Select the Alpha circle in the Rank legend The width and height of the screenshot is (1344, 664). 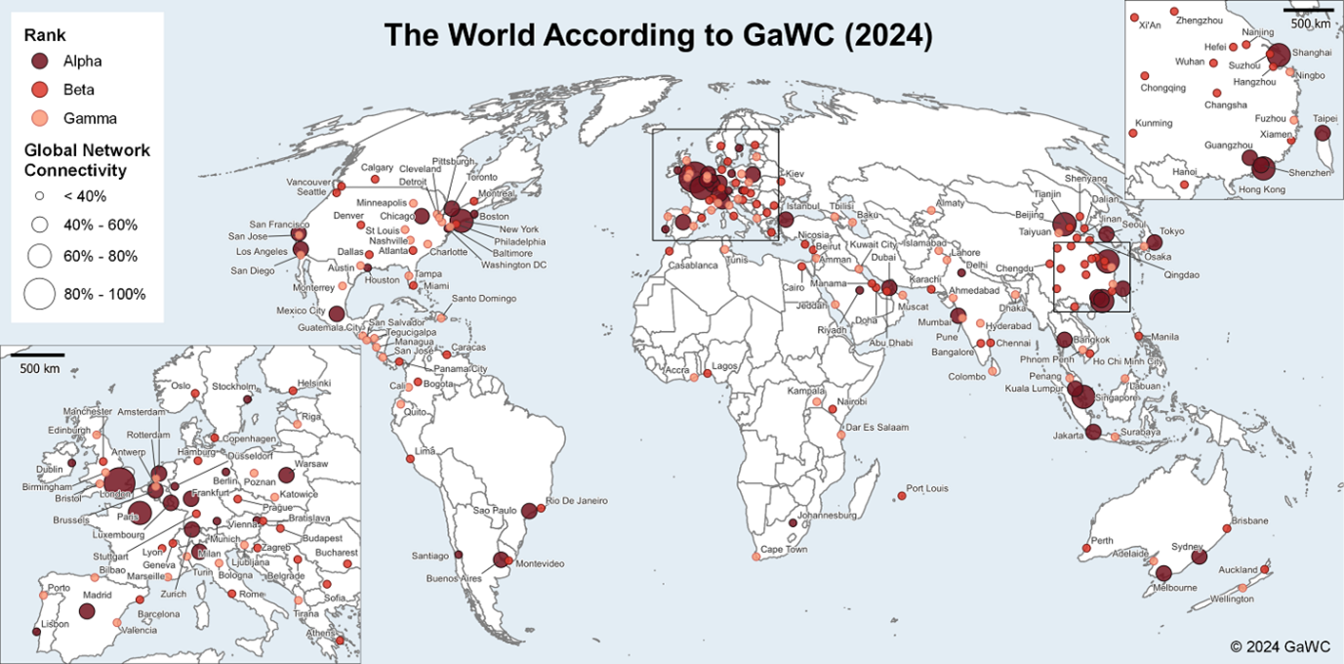[41, 61]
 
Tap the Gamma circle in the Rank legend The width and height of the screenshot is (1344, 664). [41, 118]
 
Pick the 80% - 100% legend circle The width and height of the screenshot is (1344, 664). [40, 293]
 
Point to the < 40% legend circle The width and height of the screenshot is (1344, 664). [40, 195]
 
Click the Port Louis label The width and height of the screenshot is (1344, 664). [927, 488]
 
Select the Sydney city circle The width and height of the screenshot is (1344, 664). [1199, 557]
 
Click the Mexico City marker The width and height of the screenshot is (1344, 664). [336, 313]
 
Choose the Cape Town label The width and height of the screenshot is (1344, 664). [784, 550]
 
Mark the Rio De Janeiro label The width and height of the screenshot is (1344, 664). [576, 501]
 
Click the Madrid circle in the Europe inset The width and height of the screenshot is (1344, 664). [86, 611]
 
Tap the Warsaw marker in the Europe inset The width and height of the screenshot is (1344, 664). [285, 476]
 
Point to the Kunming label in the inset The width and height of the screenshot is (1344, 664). [1153, 123]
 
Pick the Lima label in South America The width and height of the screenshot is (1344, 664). [425, 451]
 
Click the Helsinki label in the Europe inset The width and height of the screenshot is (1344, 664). [314, 383]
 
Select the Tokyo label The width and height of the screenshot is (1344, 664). [1171, 231]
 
